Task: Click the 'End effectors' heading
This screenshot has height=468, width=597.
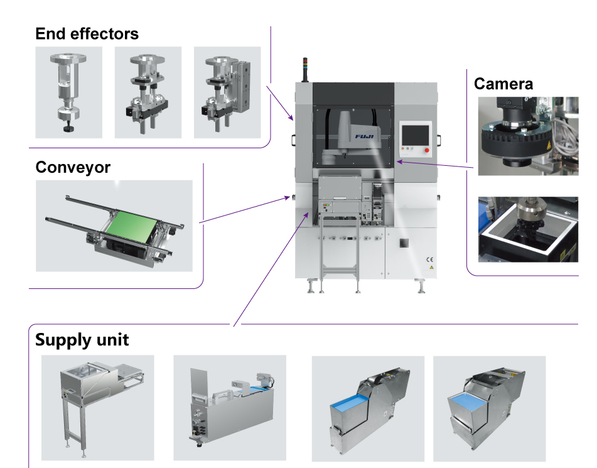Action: (x=87, y=33)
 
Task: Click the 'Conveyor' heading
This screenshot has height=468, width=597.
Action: (x=73, y=168)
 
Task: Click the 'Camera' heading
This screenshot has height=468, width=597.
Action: (x=503, y=84)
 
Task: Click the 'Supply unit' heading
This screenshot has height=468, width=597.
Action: (x=82, y=340)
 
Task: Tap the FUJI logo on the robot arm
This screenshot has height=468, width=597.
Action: (x=366, y=134)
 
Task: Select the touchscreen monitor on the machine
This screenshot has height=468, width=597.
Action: (x=415, y=134)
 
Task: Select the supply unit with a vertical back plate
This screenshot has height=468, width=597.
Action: (x=229, y=407)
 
